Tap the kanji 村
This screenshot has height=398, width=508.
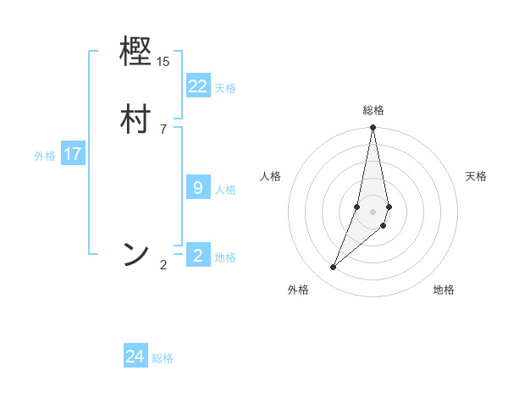135,119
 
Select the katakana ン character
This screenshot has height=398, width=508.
135,254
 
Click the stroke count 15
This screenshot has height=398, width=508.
163,62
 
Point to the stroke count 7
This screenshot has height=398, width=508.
163,129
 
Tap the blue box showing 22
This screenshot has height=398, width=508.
197,86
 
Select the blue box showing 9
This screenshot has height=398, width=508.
197,187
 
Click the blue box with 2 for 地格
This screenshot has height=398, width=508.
197,255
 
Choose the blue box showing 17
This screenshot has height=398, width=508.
73,154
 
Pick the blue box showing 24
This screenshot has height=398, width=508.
135,357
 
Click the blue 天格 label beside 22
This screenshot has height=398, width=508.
225,87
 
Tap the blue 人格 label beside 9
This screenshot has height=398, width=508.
225,189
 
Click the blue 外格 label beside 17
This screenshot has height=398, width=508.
45,156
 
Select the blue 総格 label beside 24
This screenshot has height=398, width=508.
163,358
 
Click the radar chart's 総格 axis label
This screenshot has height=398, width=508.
373,110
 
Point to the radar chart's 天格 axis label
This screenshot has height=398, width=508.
476,176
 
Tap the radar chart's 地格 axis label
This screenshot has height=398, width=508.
444,290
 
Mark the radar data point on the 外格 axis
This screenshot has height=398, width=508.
333,268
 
